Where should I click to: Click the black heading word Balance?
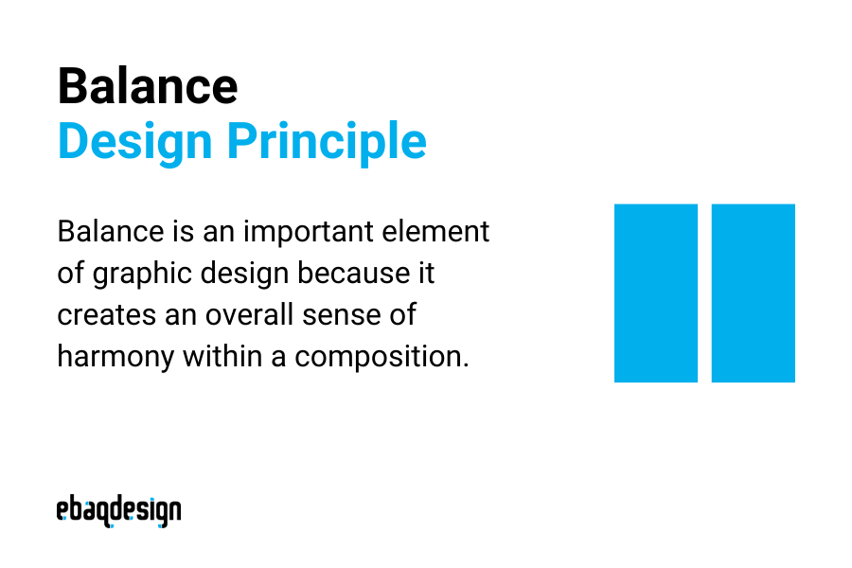click(148, 86)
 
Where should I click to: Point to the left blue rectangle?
click(656, 293)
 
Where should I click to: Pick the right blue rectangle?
click(754, 293)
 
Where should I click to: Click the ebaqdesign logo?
click(118, 509)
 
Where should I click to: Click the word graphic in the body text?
click(140, 275)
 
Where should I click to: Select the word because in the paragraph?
click(353, 274)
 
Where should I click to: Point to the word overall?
click(251, 315)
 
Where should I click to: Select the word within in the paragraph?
click(227, 357)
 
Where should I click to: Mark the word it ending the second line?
click(425, 274)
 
